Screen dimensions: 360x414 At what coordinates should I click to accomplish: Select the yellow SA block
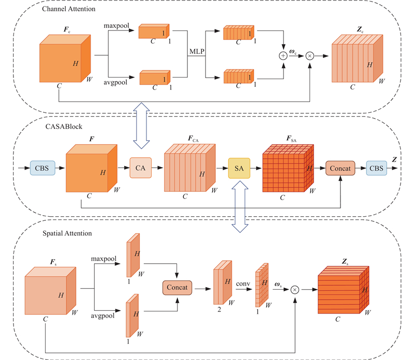(x=239, y=168)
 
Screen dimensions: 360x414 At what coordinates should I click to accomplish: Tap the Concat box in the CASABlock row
(x=339, y=168)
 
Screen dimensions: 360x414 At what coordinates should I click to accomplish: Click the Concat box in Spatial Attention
(x=178, y=287)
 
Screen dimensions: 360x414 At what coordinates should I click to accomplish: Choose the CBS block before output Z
(x=378, y=168)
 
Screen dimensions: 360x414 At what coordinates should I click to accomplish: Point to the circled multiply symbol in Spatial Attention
(x=295, y=290)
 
